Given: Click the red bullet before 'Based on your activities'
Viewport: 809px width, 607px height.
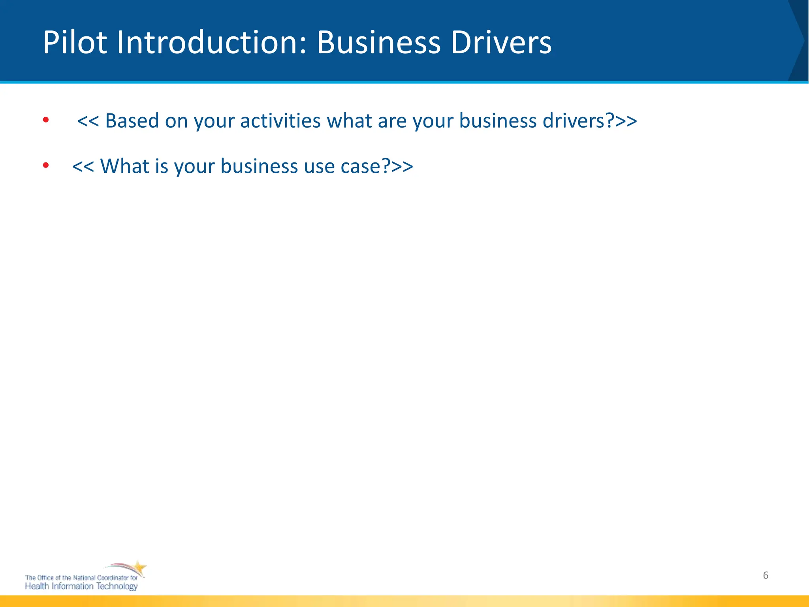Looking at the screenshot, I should [46, 120].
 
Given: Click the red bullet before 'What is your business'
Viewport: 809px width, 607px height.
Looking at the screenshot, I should [46, 165].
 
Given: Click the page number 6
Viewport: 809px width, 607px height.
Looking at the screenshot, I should [766, 575].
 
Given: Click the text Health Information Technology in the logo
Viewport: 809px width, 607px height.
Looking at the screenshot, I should [81, 586].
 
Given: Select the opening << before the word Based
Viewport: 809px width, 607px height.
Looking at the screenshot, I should [88, 121].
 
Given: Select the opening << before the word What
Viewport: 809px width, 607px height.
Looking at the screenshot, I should [83, 166].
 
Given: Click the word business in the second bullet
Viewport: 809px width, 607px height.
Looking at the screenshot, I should [259, 166].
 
